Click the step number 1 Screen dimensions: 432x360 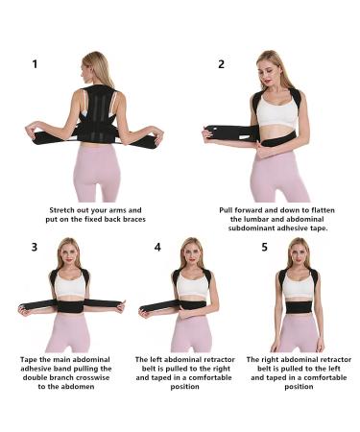[x=36, y=64]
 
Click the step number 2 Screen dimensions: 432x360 [x=222, y=64]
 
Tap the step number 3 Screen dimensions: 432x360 [x=36, y=247]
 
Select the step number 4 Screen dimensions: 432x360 [x=157, y=247]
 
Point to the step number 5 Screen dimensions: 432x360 [x=265, y=247]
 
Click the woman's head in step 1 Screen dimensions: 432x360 [x=96, y=68]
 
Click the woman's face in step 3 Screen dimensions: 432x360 [x=71, y=254]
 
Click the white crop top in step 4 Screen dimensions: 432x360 [x=192, y=284]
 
